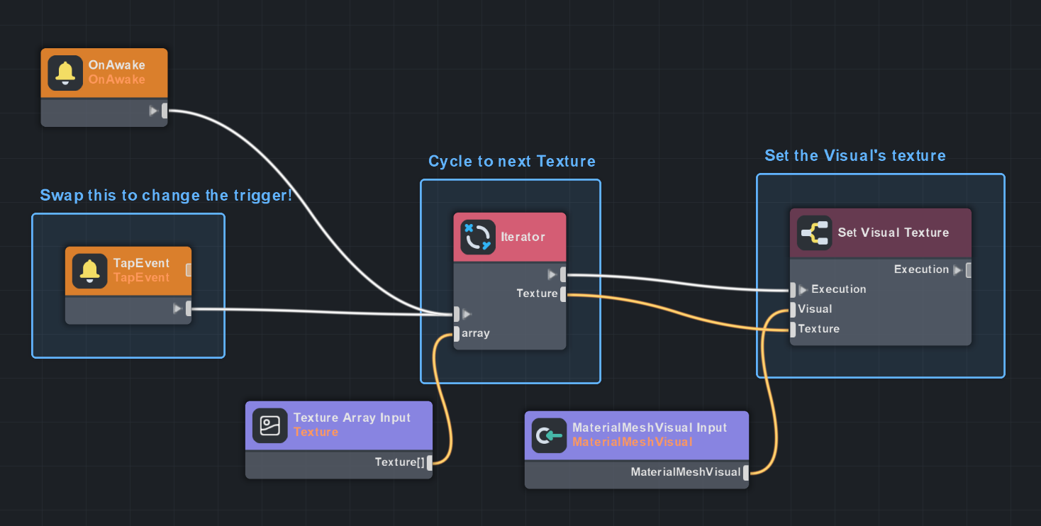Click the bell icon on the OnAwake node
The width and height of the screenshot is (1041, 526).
click(65, 72)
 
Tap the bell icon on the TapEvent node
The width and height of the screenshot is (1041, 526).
click(89, 270)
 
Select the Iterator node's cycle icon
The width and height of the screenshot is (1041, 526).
click(478, 237)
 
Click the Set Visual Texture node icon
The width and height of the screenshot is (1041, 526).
click(814, 233)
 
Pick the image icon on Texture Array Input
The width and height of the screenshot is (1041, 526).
click(269, 425)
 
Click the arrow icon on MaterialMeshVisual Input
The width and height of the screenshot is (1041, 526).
click(549, 435)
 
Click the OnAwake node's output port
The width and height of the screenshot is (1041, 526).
click(165, 111)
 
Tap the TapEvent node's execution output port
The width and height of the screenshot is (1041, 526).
click(189, 308)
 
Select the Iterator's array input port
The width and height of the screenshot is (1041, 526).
click(457, 333)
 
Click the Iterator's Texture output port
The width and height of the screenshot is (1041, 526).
click(563, 293)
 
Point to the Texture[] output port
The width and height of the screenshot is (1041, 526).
click(430, 462)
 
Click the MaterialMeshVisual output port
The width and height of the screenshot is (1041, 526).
click(746, 472)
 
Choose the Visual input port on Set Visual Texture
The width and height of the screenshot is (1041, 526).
click(793, 309)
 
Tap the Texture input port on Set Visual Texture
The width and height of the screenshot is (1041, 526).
click(793, 329)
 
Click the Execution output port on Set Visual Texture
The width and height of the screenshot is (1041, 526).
click(969, 269)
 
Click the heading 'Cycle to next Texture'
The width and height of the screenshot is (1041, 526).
click(511, 162)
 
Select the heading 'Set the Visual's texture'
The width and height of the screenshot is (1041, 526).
click(854, 156)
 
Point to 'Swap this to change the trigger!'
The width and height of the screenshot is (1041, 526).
click(166, 196)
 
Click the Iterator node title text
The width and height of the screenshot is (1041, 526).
click(523, 237)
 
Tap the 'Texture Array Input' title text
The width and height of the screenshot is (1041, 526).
click(352, 418)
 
